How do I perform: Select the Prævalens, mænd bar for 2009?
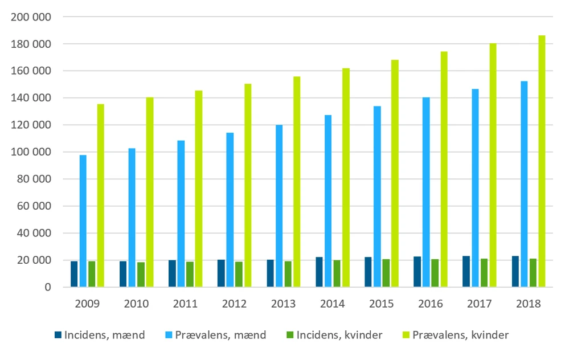click(x=83, y=221)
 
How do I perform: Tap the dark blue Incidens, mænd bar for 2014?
click(x=320, y=272)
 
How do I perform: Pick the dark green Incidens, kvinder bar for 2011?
click(x=190, y=274)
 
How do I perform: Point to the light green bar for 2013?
click(x=297, y=182)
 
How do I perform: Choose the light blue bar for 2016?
click(x=426, y=192)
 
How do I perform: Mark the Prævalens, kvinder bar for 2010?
click(x=150, y=192)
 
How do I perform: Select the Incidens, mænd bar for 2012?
click(x=221, y=273)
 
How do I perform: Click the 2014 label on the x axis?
click(x=333, y=303)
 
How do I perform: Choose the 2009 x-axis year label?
click(x=88, y=303)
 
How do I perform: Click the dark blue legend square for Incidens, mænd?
click(x=58, y=335)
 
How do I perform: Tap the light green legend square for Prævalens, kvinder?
click(x=406, y=335)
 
